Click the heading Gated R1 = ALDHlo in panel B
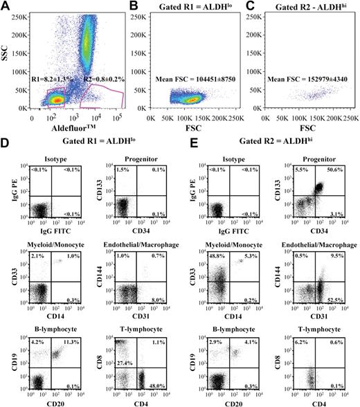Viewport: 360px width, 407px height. [x=182, y=8]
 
